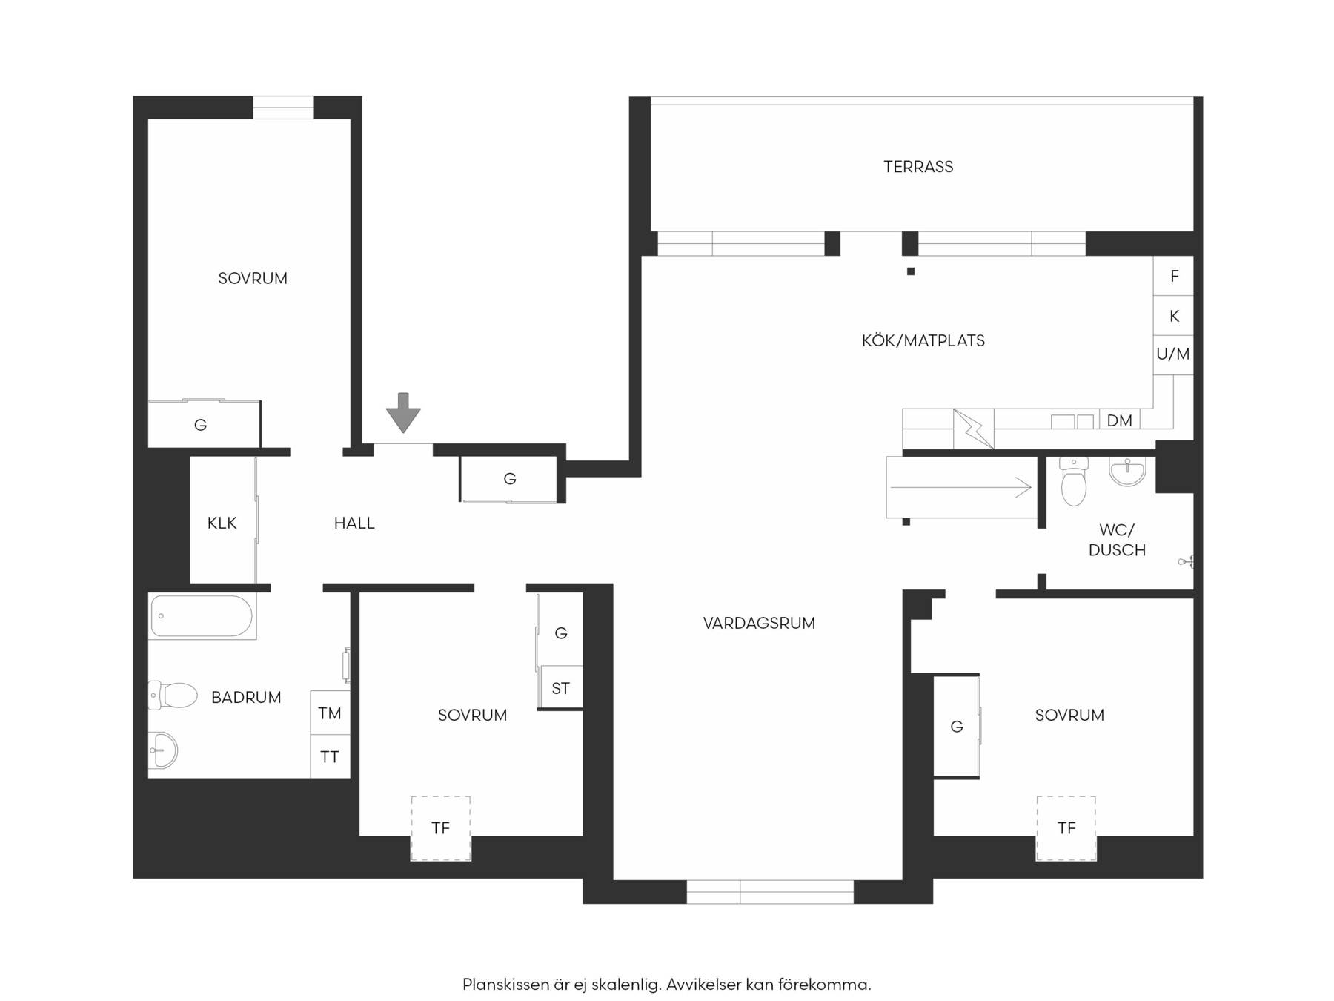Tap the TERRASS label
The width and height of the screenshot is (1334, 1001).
pos(918,167)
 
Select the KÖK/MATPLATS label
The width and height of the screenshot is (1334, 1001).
pos(923,341)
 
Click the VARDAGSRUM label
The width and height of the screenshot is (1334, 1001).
pos(759,624)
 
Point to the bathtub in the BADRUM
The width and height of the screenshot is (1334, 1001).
pos(202,616)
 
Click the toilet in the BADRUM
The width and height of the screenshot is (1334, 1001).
pos(173,696)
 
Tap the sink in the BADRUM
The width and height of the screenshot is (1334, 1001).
pos(163,750)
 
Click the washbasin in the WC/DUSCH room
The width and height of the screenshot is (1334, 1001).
pos(1127,472)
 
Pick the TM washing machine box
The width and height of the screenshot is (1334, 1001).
pos(330,713)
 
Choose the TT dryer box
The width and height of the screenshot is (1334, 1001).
pos(330,756)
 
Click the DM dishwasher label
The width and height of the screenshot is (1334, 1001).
pos(1119,421)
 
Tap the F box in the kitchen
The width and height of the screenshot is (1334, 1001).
pos(1174,277)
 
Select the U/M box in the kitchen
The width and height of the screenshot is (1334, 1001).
pos(1174,355)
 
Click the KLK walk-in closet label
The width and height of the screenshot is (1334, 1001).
pos(222,523)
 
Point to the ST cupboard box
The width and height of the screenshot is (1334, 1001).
pos(561,687)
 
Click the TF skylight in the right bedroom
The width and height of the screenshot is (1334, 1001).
pos(1066,828)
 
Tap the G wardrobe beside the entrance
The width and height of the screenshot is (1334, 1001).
pos(509,479)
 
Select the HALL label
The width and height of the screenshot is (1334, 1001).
pos(354,523)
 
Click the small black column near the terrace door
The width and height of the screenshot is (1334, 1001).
pos(911,271)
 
